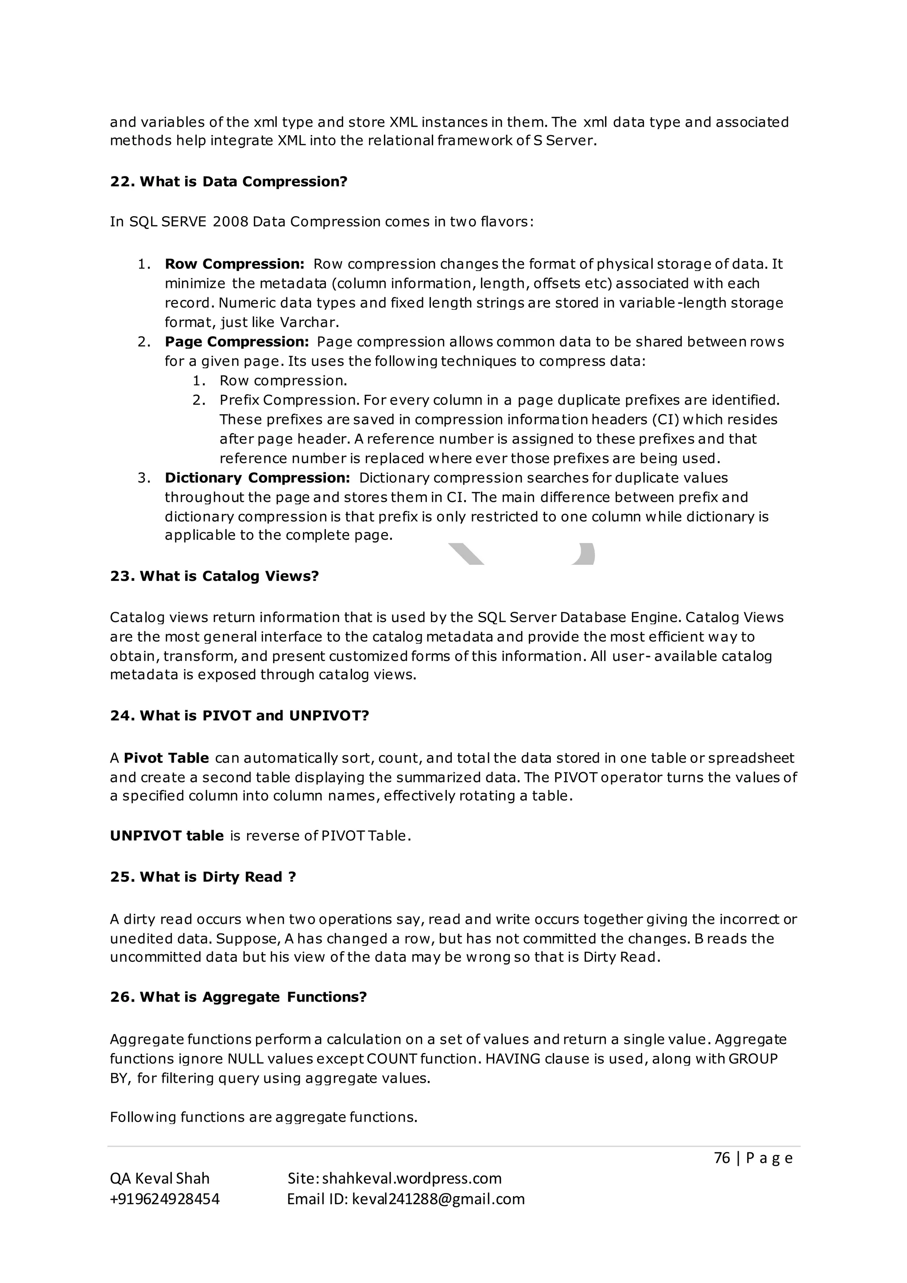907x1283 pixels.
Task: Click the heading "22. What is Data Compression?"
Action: [x=229, y=182]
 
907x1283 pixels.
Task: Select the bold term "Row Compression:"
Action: [x=234, y=264]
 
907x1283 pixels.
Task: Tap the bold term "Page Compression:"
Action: [x=236, y=342]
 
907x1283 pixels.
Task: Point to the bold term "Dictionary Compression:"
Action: [x=257, y=478]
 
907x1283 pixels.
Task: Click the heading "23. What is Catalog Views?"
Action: [x=214, y=576]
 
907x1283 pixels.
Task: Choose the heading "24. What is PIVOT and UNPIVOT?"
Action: [x=239, y=716]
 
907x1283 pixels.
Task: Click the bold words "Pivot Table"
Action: [x=166, y=758]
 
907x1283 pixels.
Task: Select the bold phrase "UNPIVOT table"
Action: [x=167, y=836]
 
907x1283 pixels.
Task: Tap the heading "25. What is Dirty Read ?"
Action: [x=203, y=877]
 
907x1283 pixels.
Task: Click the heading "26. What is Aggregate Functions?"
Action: [x=238, y=997]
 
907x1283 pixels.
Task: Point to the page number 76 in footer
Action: [x=721, y=1158]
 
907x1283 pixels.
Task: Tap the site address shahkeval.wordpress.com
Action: [x=411, y=1178]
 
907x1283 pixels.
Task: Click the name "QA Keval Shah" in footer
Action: [x=160, y=1178]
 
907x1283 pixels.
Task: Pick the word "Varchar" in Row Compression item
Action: [x=308, y=323]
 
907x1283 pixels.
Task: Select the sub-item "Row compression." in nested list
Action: [x=283, y=381]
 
